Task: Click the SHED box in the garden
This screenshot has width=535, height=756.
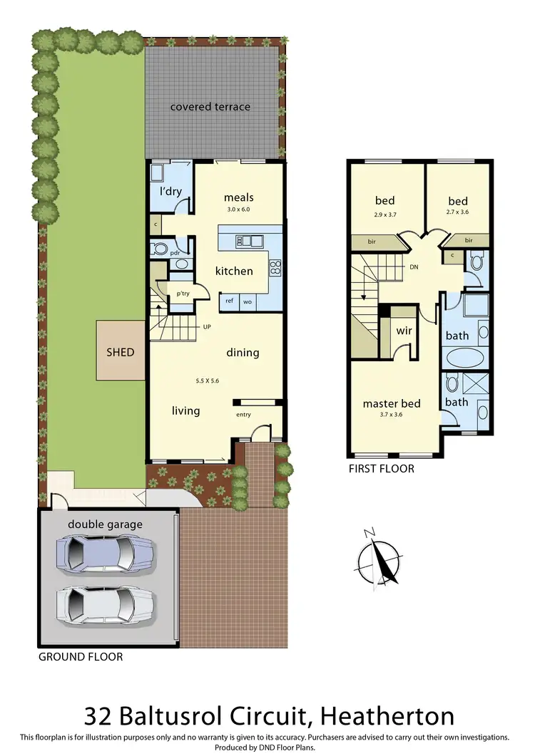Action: coord(120,351)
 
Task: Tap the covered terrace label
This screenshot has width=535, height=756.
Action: coord(210,107)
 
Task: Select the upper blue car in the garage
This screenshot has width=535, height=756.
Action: coord(105,552)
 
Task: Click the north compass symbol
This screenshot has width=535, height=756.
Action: coord(379,558)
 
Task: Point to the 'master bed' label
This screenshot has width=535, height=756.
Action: coord(391,403)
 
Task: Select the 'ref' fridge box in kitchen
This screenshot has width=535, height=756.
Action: coord(229,301)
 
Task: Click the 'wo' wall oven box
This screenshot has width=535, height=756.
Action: coord(247,301)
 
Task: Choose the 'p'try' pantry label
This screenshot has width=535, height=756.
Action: coord(182,294)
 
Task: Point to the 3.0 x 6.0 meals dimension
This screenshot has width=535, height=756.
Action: coord(238,210)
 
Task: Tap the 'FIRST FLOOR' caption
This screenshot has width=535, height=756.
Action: coord(381,469)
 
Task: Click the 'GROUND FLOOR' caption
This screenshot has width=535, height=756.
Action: coord(80,656)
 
